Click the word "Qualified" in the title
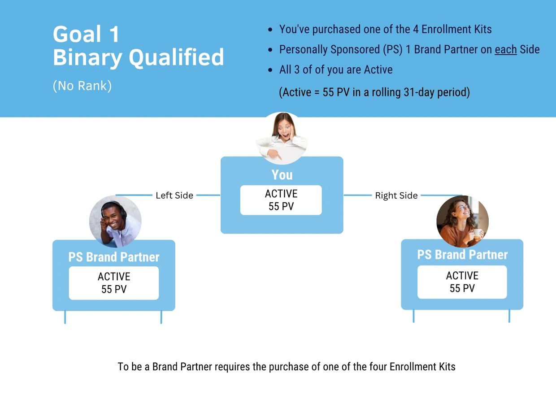pos(176,57)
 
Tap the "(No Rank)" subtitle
pos(82,86)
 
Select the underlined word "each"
pos(506,49)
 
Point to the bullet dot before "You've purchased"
pos(270,30)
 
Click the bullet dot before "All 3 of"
pos(270,70)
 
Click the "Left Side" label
pos(174,195)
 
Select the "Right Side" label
pos(396,195)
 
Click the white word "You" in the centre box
pos(282,175)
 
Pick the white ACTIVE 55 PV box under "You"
pos(281,200)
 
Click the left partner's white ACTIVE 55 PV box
pos(114,283)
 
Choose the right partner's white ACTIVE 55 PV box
pos(462,282)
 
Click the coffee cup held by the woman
pos(477,233)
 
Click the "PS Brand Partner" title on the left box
pos(114,257)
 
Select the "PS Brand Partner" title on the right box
pos(462,255)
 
